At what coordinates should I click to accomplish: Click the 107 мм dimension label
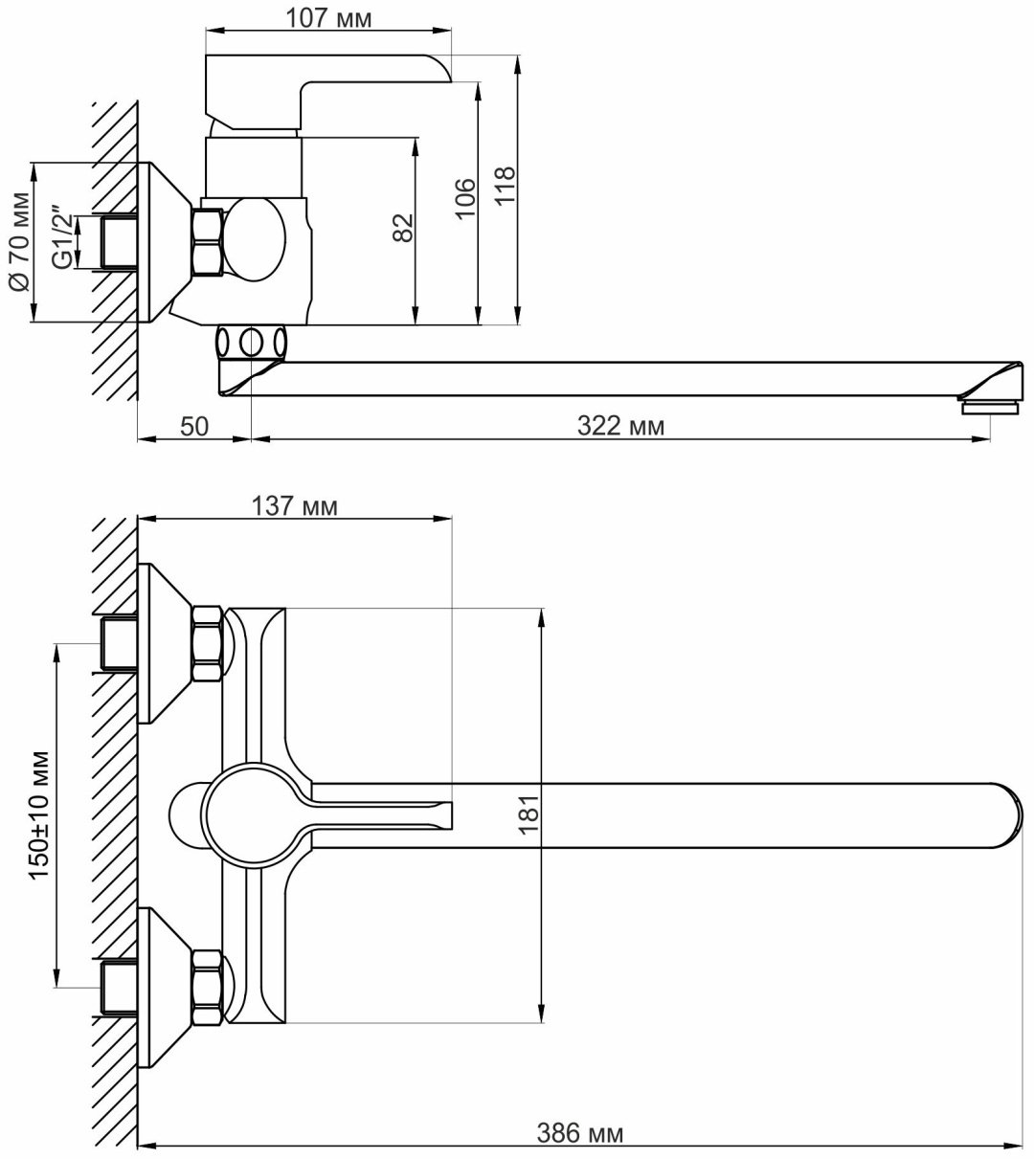(x=327, y=18)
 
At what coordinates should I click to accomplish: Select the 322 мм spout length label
(x=620, y=426)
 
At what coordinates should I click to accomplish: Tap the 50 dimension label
(x=194, y=426)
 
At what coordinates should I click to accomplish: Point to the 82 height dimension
(x=404, y=227)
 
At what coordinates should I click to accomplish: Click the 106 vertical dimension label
(x=465, y=198)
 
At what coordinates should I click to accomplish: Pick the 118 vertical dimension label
(x=505, y=186)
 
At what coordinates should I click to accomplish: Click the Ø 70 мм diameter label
(x=21, y=241)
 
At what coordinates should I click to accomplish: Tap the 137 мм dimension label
(x=295, y=505)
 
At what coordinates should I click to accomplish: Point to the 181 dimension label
(x=529, y=815)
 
